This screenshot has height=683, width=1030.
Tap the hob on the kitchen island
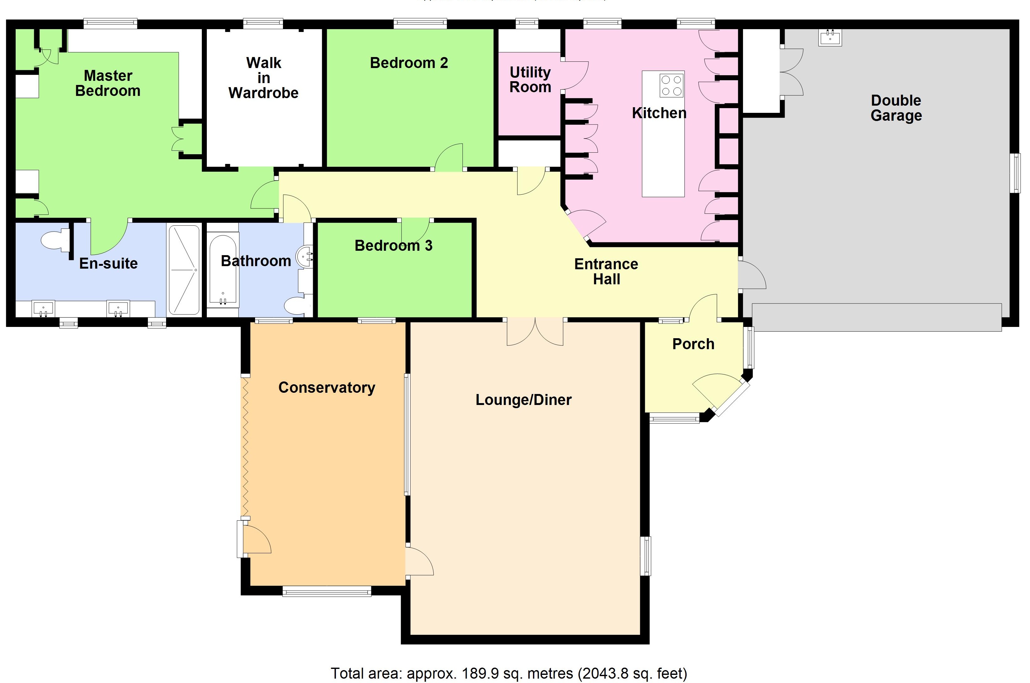(x=671, y=85)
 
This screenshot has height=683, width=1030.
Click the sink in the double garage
(x=830, y=38)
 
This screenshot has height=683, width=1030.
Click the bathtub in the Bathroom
(x=222, y=270)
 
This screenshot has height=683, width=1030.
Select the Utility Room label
(x=530, y=79)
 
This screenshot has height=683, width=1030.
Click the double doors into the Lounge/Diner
(x=535, y=332)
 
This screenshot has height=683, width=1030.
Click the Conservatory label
(x=327, y=387)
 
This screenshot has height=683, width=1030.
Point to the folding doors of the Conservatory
(x=245, y=446)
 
